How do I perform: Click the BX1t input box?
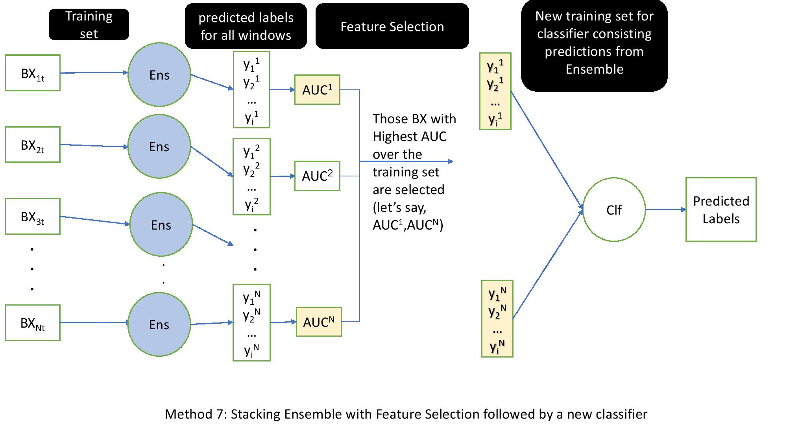pos(32,73)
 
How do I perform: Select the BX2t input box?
pos(32,145)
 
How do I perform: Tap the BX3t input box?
pos(32,217)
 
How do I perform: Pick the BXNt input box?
pos(32,323)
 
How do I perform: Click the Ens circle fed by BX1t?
pos(159,75)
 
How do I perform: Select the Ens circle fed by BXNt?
pos(159,324)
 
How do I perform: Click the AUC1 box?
pos(317,90)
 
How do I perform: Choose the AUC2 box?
pos(317,176)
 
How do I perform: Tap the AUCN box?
pos(319,322)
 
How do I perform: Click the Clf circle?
pos(614,210)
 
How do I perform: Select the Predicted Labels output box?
pos(721,210)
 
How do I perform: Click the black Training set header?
pos(89,24)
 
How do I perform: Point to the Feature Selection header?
pos(392,26)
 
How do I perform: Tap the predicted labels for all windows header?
pos(246,26)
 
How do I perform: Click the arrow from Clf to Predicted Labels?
pos(665,210)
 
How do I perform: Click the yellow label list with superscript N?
pos(497,319)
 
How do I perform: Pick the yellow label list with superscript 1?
pos(495,91)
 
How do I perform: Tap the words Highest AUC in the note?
pos(409,137)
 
